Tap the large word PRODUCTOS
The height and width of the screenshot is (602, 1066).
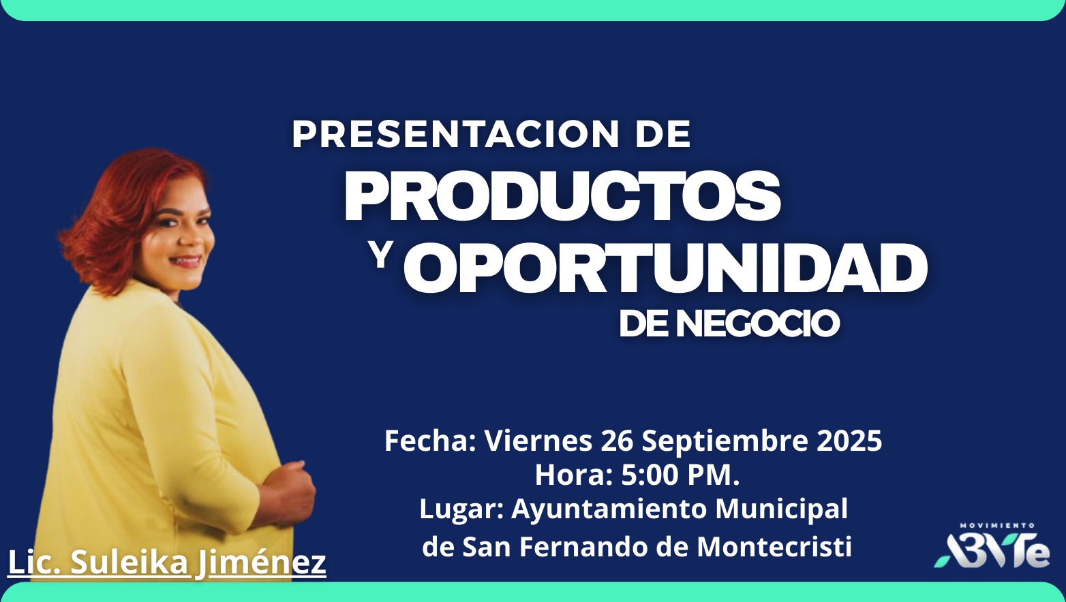(562, 195)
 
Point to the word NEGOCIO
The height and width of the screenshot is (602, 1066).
(758, 324)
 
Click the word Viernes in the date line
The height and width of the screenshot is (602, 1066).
(538, 441)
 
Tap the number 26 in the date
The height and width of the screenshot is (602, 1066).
(617, 441)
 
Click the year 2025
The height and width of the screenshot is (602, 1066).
(849, 441)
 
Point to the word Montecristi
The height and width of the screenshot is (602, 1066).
(774, 547)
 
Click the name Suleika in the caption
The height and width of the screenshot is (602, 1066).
(130, 563)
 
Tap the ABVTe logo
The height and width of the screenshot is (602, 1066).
(992, 551)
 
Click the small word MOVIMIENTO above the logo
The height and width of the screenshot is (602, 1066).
(997, 526)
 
